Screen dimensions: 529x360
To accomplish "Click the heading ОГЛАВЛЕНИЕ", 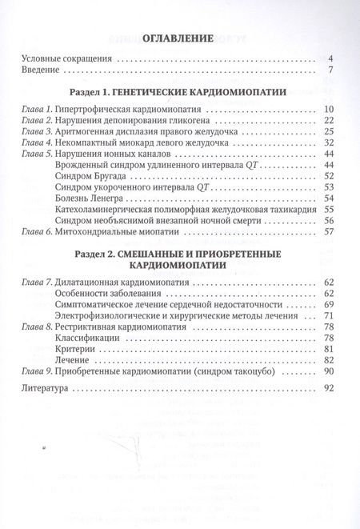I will click(x=179, y=38).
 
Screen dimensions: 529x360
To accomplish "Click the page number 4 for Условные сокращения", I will click(x=330, y=59).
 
